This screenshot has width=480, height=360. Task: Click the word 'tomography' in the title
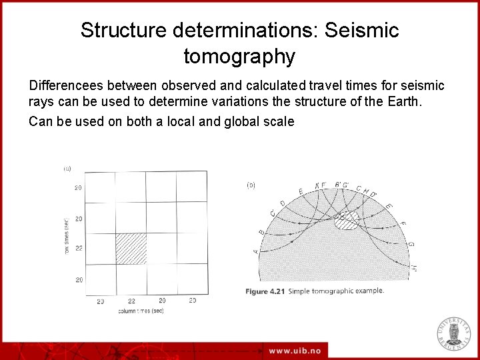(x=239, y=57)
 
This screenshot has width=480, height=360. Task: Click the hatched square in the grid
(x=131, y=249)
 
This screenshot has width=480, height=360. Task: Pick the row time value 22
(x=79, y=249)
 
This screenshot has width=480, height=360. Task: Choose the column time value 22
(x=131, y=301)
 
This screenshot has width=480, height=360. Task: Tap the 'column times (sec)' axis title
(x=141, y=311)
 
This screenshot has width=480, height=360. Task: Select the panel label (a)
(x=67, y=169)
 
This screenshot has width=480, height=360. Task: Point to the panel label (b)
(x=251, y=185)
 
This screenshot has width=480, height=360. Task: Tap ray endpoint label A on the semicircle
(x=257, y=251)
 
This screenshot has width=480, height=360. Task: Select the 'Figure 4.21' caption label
(x=266, y=291)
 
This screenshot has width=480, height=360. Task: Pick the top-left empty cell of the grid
(x=101, y=187)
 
